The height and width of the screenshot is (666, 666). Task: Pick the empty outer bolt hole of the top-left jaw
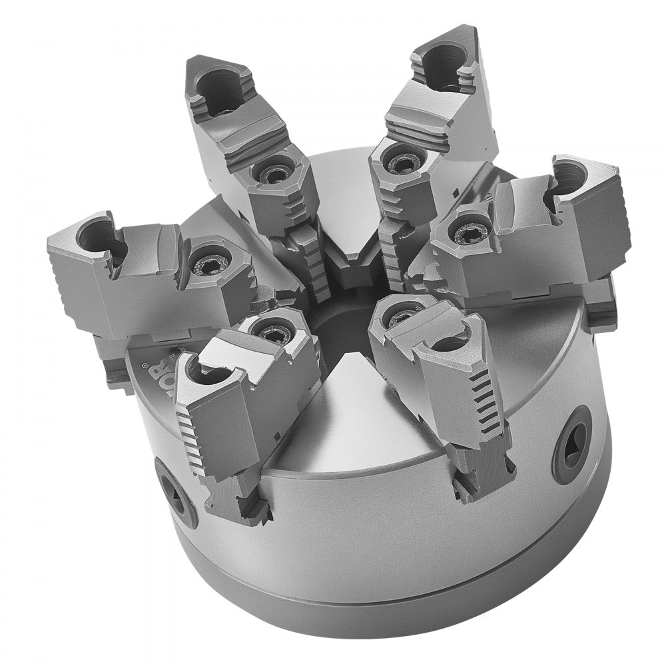click(219, 89)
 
